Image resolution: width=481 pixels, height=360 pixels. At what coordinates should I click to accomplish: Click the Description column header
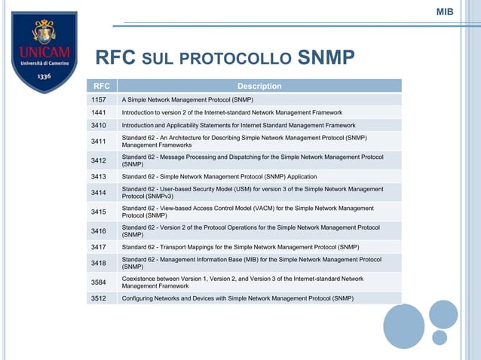click(x=259, y=87)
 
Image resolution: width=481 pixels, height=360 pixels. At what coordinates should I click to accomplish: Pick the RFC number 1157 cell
click(x=99, y=99)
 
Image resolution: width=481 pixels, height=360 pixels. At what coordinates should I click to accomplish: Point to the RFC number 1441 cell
click(x=99, y=111)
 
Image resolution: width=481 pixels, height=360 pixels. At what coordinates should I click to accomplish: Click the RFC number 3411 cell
click(x=99, y=141)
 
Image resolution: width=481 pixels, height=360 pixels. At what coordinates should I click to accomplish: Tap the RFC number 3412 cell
click(x=99, y=160)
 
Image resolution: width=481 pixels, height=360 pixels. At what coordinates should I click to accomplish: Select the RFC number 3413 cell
click(x=99, y=176)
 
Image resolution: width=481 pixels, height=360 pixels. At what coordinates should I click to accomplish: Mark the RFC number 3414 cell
click(x=99, y=193)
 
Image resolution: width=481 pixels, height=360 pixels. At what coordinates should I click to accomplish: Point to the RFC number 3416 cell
click(x=99, y=230)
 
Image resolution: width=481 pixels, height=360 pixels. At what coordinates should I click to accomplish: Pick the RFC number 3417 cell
click(x=99, y=246)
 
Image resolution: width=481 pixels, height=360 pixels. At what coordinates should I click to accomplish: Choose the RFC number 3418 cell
click(x=99, y=263)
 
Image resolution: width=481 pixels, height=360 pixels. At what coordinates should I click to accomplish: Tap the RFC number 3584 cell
click(x=99, y=282)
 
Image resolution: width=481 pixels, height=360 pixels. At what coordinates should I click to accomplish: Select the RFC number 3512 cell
click(x=99, y=298)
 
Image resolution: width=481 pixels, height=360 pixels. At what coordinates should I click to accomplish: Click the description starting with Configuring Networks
click(x=237, y=298)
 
